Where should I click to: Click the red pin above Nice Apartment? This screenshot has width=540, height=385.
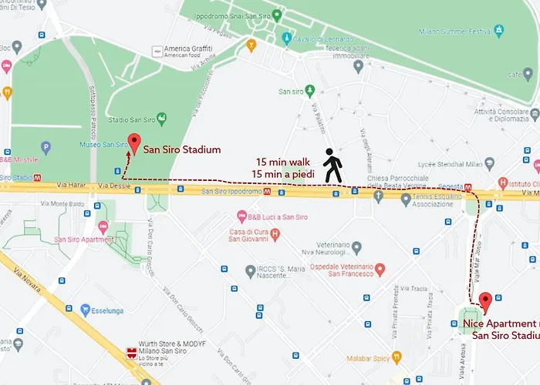(485, 302)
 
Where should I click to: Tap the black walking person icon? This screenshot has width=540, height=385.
(332, 165)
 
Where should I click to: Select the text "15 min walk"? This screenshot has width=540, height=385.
(283, 162)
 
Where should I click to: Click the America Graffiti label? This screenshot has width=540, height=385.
(187, 49)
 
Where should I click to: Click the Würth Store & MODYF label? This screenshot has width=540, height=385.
(177, 348)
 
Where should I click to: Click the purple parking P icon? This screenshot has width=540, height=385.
(46, 147)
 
